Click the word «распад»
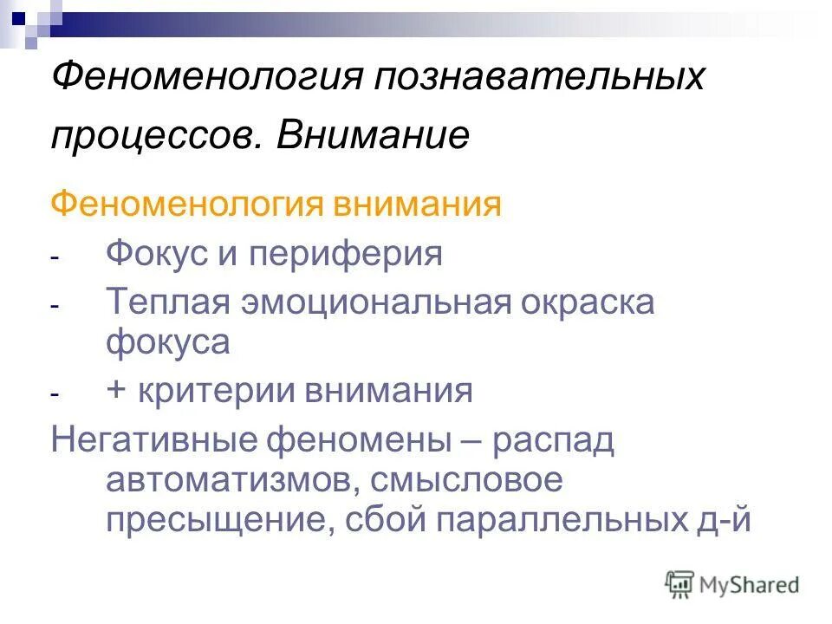pyautogui.click(x=552, y=441)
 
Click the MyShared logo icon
pyautogui.click(x=679, y=583)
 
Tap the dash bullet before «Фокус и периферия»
pyautogui.click(x=55, y=258)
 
